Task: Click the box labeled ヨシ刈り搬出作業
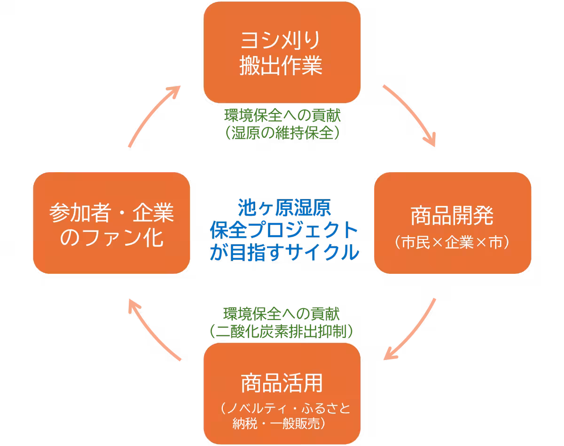(x=282, y=53)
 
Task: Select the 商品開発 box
(x=452, y=223)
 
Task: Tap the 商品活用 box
(x=282, y=393)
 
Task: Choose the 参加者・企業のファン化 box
(x=111, y=223)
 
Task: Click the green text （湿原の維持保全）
(x=282, y=134)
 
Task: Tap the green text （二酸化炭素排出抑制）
(x=282, y=332)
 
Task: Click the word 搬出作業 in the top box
(x=281, y=66)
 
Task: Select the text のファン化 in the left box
(x=112, y=239)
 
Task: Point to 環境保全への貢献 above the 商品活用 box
(x=282, y=313)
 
